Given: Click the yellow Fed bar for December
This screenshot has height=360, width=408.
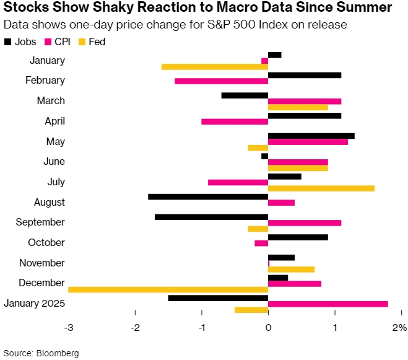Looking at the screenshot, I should tap(168, 289).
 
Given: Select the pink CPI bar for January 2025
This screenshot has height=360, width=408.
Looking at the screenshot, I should tap(328, 304).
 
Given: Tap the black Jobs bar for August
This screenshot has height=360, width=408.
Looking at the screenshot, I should tap(208, 196).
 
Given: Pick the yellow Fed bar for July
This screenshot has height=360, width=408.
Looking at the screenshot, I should tap(321, 188).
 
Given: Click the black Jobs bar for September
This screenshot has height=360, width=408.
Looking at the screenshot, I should tap(211, 217).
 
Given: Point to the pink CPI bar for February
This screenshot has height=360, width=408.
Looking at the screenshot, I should tap(221, 81).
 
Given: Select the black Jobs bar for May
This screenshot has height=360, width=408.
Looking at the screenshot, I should tap(311, 136).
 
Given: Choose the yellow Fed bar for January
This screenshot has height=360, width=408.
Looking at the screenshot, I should tap(214, 67).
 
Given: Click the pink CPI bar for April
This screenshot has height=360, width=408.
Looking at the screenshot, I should tap(235, 121).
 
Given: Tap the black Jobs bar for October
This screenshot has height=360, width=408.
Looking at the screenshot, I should tap(298, 237).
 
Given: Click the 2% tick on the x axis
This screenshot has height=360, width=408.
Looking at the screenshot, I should tap(399, 327).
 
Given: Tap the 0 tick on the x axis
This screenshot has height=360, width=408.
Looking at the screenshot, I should tap(268, 327).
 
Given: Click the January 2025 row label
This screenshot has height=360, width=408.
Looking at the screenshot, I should tap(34, 303).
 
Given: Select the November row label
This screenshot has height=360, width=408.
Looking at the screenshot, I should tap(42, 263).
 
